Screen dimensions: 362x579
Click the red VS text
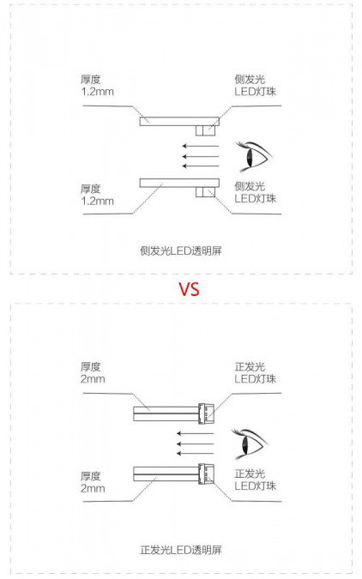189,289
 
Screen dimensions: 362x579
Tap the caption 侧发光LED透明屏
181,251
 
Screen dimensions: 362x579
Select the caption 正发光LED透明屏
181,550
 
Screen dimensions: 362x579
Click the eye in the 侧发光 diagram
254,157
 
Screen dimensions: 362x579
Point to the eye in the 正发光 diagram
250,443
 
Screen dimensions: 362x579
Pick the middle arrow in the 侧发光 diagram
201,156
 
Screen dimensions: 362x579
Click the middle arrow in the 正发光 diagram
195,443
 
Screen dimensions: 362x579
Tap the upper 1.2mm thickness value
98,92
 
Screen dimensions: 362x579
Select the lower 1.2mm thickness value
98,202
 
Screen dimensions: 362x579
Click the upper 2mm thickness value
93,379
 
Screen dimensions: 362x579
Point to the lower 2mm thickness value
93,488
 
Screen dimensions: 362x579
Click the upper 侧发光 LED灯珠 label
256,85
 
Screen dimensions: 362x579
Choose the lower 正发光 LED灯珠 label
256,479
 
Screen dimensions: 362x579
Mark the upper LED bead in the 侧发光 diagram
205,130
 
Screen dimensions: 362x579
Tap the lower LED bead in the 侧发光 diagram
205,192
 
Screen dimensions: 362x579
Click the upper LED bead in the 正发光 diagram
206,413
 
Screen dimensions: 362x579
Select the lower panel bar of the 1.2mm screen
179,184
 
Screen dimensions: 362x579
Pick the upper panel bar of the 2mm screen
166,413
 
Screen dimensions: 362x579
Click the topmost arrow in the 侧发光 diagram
201,146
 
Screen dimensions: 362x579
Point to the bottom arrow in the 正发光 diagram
195,454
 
